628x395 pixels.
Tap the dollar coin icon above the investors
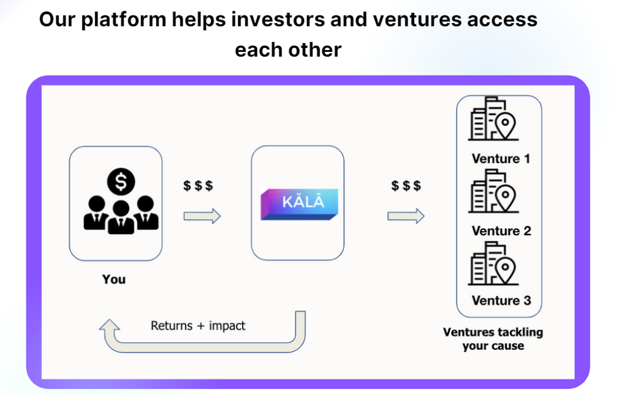click(x=121, y=181)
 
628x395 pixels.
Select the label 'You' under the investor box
click(x=114, y=278)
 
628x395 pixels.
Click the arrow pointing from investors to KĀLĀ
click(x=202, y=216)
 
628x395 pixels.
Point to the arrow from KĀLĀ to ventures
click(x=405, y=216)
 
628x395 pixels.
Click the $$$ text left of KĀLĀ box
click(x=198, y=185)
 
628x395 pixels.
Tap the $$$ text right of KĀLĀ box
click(x=406, y=185)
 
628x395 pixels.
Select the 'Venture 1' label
click(x=501, y=159)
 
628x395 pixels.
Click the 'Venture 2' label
click(x=501, y=231)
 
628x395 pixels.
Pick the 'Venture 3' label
click(x=501, y=301)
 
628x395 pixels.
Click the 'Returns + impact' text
click(x=198, y=326)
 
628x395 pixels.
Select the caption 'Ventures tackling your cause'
click(x=493, y=339)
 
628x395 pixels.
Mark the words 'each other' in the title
click(x=288, y=49)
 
